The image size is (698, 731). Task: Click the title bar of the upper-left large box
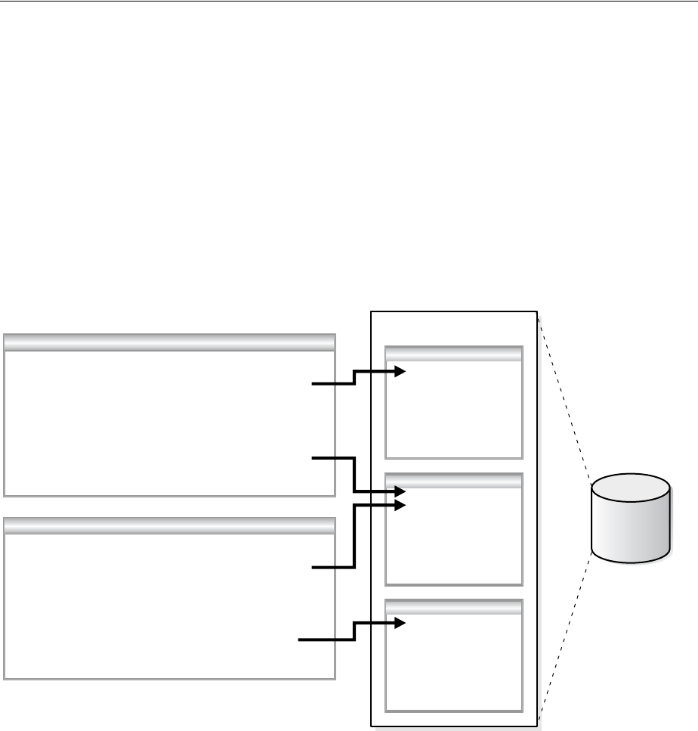(169, 342)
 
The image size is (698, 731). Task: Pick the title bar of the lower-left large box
(169, 526)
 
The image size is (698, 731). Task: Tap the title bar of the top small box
(453, 352)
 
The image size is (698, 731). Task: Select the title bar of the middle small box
(453, 479)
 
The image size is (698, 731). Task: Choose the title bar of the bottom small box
(453, 606)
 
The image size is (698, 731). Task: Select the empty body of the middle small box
(453, 541)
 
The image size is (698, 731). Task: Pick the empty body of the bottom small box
(453, 665)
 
